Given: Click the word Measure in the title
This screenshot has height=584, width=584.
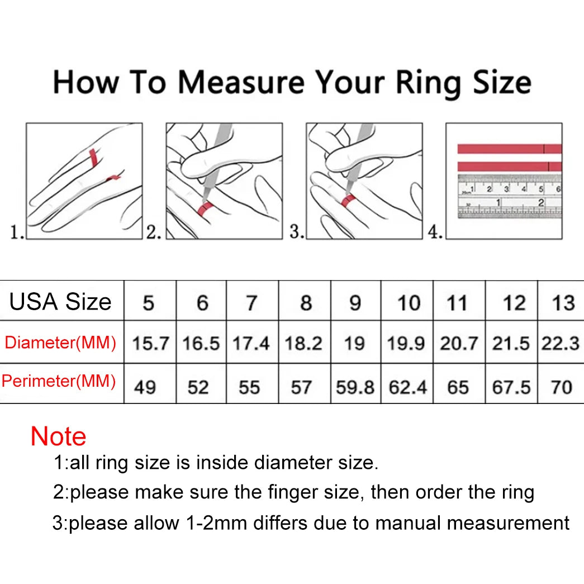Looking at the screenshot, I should [241, 83].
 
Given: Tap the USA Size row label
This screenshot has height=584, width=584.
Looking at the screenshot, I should [60, 302].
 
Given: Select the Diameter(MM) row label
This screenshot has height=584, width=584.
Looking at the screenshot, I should [60, 342].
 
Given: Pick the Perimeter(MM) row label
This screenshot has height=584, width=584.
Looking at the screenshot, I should [59, 381].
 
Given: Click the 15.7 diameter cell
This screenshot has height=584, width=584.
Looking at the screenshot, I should [150, 343].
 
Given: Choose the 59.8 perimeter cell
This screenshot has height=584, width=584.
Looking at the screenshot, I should [355, 387].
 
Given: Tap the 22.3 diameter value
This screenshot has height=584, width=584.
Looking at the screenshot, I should [560, 343].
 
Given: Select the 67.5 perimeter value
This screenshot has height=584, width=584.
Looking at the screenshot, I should [511, 387].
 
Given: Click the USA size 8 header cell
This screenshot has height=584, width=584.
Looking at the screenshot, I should [306, 303].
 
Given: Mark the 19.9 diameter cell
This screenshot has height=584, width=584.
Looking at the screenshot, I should [406, 343].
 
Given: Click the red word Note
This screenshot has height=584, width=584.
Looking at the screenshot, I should [59, 436].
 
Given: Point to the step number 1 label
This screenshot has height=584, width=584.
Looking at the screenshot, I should [17, 232].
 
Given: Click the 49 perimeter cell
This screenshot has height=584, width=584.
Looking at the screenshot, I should [145, 387].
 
